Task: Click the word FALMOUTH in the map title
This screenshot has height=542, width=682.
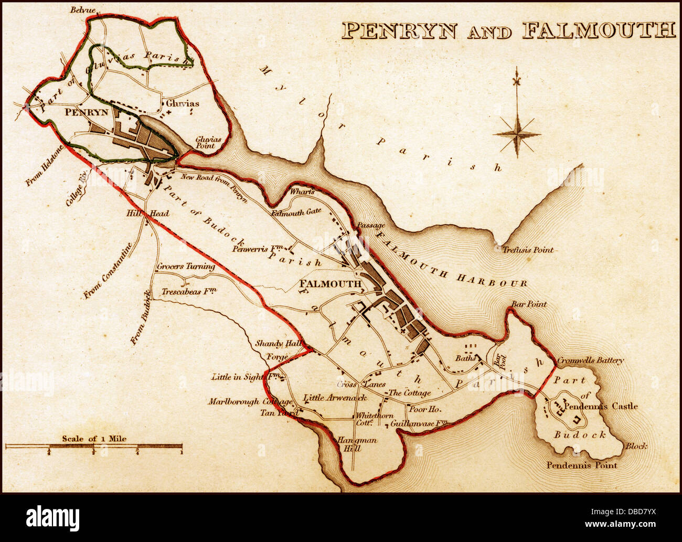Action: [x=598, y=31]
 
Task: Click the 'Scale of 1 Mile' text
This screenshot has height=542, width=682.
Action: [x=94, y=438]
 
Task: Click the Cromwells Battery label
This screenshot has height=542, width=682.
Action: [x=590, y=360]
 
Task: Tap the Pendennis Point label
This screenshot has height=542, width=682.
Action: [x=582, y=465]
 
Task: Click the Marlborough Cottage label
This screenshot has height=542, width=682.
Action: [x=250, y=401]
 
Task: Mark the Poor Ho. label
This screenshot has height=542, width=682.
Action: [x=423, y=409]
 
